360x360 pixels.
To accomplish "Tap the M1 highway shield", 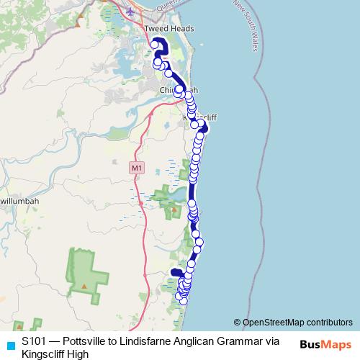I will click(x=137, y=168).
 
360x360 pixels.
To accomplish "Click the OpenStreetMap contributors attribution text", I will click(x=293, y=323).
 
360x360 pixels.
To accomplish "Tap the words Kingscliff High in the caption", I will click(x=55, y=354).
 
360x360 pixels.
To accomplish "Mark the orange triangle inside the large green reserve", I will click(x=84, y=286).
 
